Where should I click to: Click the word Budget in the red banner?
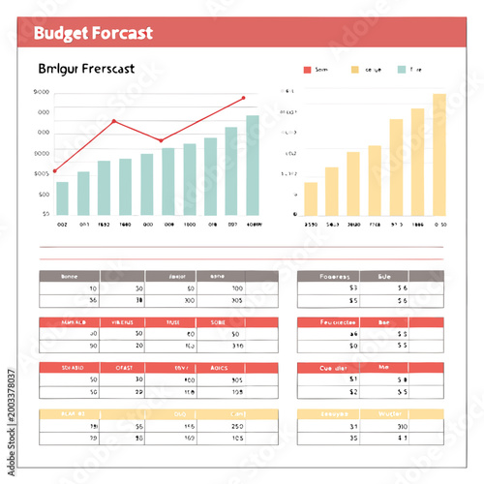click(x=60, y=33)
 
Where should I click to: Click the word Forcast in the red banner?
click(x=121, y=33)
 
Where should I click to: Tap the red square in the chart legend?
click(x=308, y=70)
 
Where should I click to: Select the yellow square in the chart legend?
click(x=355, y=70)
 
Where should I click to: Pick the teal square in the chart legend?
click(x=403, y=70)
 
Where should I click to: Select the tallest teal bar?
click(x=253, y=165)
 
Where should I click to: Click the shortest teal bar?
click(x=62, y=197)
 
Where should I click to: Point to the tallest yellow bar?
click(x=439, y=154)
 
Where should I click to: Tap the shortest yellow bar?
click(x=311, y=197)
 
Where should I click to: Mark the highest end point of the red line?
click(x=243, y=98)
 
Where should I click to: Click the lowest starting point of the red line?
click(x=54, y=171)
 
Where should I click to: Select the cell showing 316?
click(x=236, y=346)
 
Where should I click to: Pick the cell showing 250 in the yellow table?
click(x=236, y=426)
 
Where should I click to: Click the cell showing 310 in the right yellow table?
click(x=402, y=426)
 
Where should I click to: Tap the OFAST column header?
click(x=124, y=368)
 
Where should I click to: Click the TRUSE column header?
click(x=172, y=322)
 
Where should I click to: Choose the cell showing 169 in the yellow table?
click(x=189, y=439)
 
